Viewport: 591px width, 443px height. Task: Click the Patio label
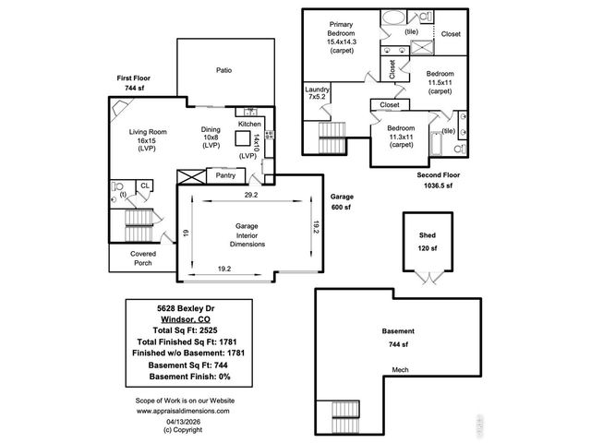(x=223, y=70)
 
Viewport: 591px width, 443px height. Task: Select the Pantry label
(x=225, y=175)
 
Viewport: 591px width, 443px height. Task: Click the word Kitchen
(x=249, y=124)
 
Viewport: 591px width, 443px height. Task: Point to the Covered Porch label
(x=142, y=257)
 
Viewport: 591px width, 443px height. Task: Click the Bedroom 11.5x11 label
(x=440, y=81)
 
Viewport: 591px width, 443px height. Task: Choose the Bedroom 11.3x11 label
(x=401, y=136)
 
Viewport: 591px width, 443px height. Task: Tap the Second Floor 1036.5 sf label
(x=439, y=179)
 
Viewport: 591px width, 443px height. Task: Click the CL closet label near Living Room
(x=145, y=186)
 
